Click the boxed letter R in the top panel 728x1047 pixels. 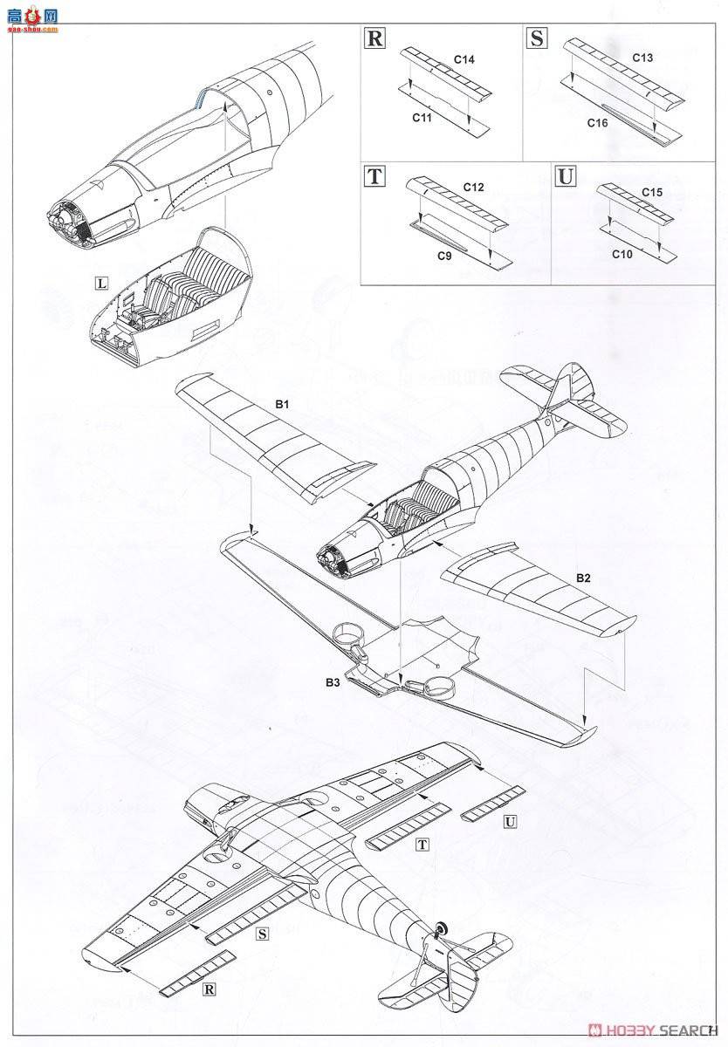(374, 38)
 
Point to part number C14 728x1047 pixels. (464, 58)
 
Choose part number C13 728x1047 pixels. (642, 57)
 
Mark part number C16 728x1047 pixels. (598, 123)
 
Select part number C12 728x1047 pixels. (474, 187)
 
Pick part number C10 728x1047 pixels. (622, 254)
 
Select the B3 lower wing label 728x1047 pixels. (333, 685)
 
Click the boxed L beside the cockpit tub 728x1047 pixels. (102, 284)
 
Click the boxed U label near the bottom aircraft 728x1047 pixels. (509, 821)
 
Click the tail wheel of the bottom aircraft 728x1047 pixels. (440, 928)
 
